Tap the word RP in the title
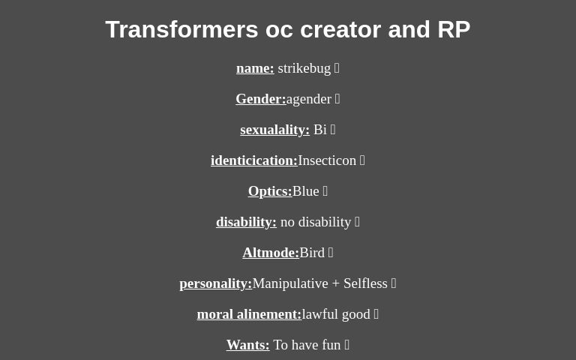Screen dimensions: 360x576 click(x=453, y=29)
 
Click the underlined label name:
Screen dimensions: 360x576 click(x=255, y=68)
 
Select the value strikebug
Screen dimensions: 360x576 click(x=304, y=68)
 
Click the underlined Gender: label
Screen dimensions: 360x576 click(x=260, y=99)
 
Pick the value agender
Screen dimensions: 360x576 click(x=308, y=99)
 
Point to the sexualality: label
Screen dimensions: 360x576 click(x=274, y=130)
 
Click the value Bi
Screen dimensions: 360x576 click(x=319, y=130)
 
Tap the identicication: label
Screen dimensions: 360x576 click(x=253, y=160)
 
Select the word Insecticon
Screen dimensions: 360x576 click(x=327, y=160)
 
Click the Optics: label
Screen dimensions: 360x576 click(x=270, y=191)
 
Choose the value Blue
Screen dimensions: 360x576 click(x=305, y=191)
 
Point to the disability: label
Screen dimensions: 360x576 click(x=246, y=222)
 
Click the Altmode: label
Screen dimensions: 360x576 click(x=270, y=253)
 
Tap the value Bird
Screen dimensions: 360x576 click(x=312, y=253)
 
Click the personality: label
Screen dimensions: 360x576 click(x=215, y=283)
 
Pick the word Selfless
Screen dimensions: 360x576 click(x=365, y=283)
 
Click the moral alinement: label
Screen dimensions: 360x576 click(x=249, y=314)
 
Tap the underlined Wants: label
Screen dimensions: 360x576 click(x=247, y=345)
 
